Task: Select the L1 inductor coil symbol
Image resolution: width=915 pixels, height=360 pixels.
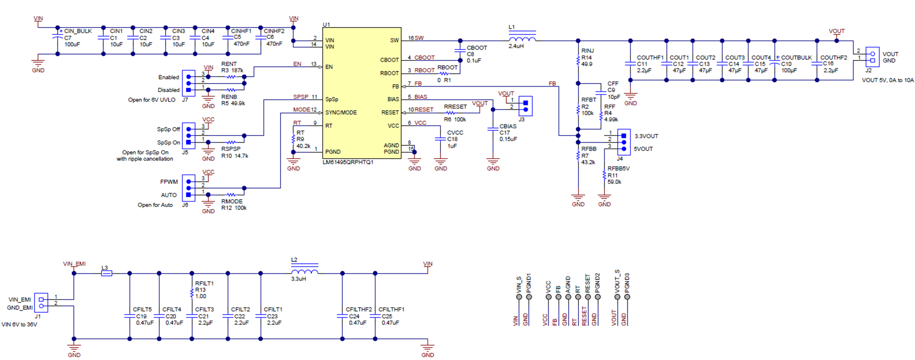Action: pos(522,39)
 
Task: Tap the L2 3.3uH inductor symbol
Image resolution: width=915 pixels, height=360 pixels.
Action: pos(304,272)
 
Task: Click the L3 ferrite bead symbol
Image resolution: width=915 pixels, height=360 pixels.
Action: pos(106,273)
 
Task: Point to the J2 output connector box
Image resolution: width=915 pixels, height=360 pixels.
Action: pos(872,57)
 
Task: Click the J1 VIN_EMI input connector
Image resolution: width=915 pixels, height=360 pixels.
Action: pos(41,303)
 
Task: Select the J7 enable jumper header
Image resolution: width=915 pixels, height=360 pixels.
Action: pos(189,83)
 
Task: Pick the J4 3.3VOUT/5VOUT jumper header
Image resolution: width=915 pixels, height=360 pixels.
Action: pos(624,142)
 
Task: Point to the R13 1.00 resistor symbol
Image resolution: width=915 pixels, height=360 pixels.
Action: pos(192,293)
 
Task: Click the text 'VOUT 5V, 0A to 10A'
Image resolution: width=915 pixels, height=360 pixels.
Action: pos(887,80)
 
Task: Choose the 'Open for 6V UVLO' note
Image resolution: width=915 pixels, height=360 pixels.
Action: pos(152,100)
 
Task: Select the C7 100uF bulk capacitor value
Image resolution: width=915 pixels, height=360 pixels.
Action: pos(72,44)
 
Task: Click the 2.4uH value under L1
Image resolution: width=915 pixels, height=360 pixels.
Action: pos(516,46)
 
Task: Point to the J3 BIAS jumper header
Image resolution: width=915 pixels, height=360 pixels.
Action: pos(526,106)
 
